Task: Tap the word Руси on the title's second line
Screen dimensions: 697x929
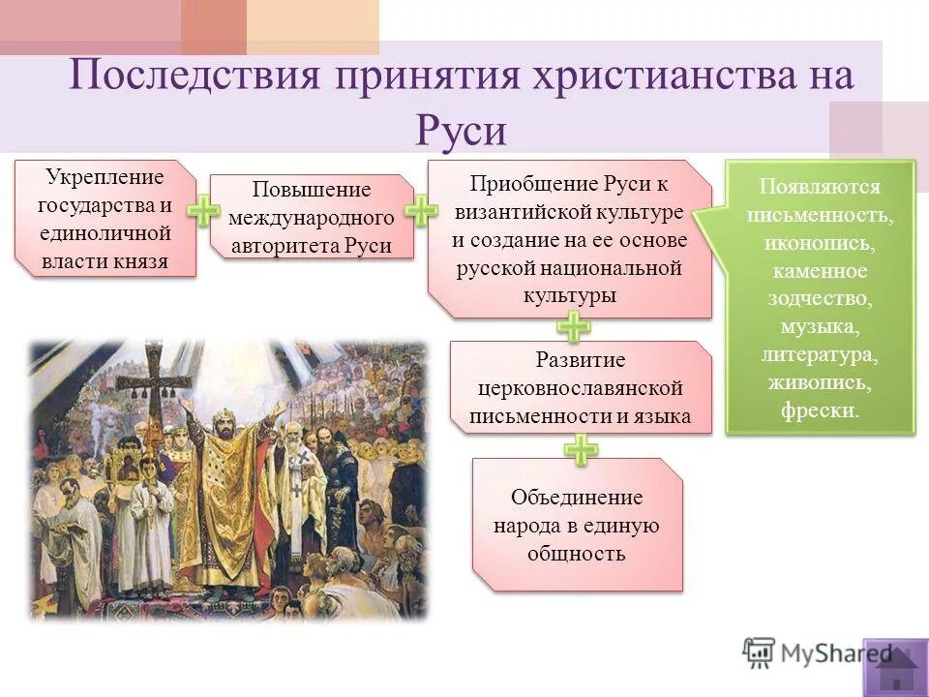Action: coord(462,129)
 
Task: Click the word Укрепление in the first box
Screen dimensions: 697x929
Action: coord(105,179)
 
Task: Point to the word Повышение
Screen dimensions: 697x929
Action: coord(311,191)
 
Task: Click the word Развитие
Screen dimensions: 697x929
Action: coord(581,361)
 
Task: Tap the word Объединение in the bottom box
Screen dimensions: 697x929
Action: coord(577,499)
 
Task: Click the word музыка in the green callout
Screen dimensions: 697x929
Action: coord(819,327)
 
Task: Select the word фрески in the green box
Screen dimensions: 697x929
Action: coord(819,410)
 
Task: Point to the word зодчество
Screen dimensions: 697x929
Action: coord(819,299)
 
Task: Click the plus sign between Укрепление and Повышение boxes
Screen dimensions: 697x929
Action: coord(203,212)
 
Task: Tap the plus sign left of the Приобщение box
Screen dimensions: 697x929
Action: coord(421,212)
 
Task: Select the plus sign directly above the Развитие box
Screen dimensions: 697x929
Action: coord(575,327)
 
